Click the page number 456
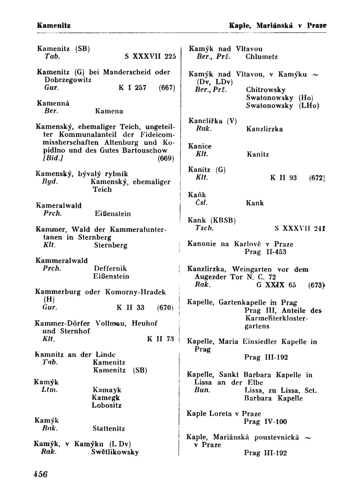click(40, 474)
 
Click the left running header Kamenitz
click(54, 26)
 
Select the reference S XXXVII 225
click(150, 57)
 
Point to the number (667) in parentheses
click(166, 88)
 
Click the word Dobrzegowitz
click(68, 80)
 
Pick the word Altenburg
click(123, 143)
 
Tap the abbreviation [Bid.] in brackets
click(53, 158)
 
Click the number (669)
click(164, 158)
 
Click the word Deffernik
click(110, 268)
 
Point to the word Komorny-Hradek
click(135, 292)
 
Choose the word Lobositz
click(106, 405)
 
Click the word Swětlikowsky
click(115, 452)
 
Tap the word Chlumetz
click(262, 57)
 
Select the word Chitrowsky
click(265, 90)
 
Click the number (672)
click(316, 178)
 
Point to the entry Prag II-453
click(265, 252)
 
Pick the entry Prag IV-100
click(265, 422)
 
